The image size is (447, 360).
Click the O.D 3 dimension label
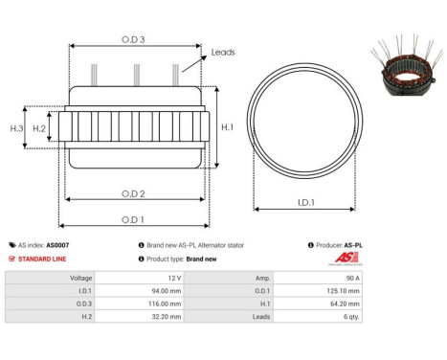coord(134,39)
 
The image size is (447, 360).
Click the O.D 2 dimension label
coord(134,193)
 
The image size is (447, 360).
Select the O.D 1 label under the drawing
coord(134,219)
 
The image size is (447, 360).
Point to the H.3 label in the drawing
coord(16,127)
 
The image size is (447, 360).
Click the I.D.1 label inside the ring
coord(307,202)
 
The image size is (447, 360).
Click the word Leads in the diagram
coord(223,53)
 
